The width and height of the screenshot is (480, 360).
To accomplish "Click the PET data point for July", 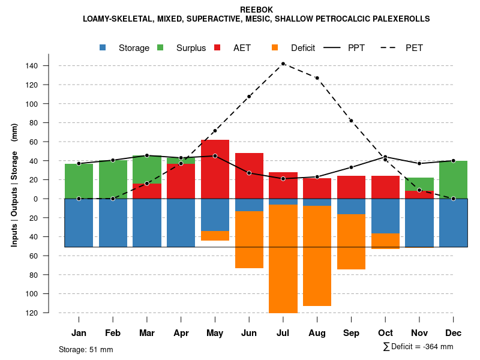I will (x=283, y=64).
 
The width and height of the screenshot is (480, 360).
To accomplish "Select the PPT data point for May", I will (x=215, y=156).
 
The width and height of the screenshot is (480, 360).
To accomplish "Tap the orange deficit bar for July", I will (x=283, y=259).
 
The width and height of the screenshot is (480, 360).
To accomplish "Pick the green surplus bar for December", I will (x=453, y=179).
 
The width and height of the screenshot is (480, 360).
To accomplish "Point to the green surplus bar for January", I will (x=79, y=181).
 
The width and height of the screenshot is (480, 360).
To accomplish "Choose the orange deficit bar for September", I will (x=351, y=242).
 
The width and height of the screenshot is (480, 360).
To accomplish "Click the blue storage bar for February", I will (x=113, y=223).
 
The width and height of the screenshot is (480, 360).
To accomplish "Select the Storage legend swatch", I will (x=103, y=48).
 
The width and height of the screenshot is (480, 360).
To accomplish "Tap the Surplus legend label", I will (x=191, y=48).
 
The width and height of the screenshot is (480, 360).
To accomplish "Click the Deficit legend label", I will (x=303, y=48).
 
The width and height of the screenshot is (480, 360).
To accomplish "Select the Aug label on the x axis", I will (x=317, y=333).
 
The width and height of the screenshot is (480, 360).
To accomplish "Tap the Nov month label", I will (x=419, y=333).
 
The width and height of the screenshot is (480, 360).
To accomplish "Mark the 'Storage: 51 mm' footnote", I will (x=86, y=349).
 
